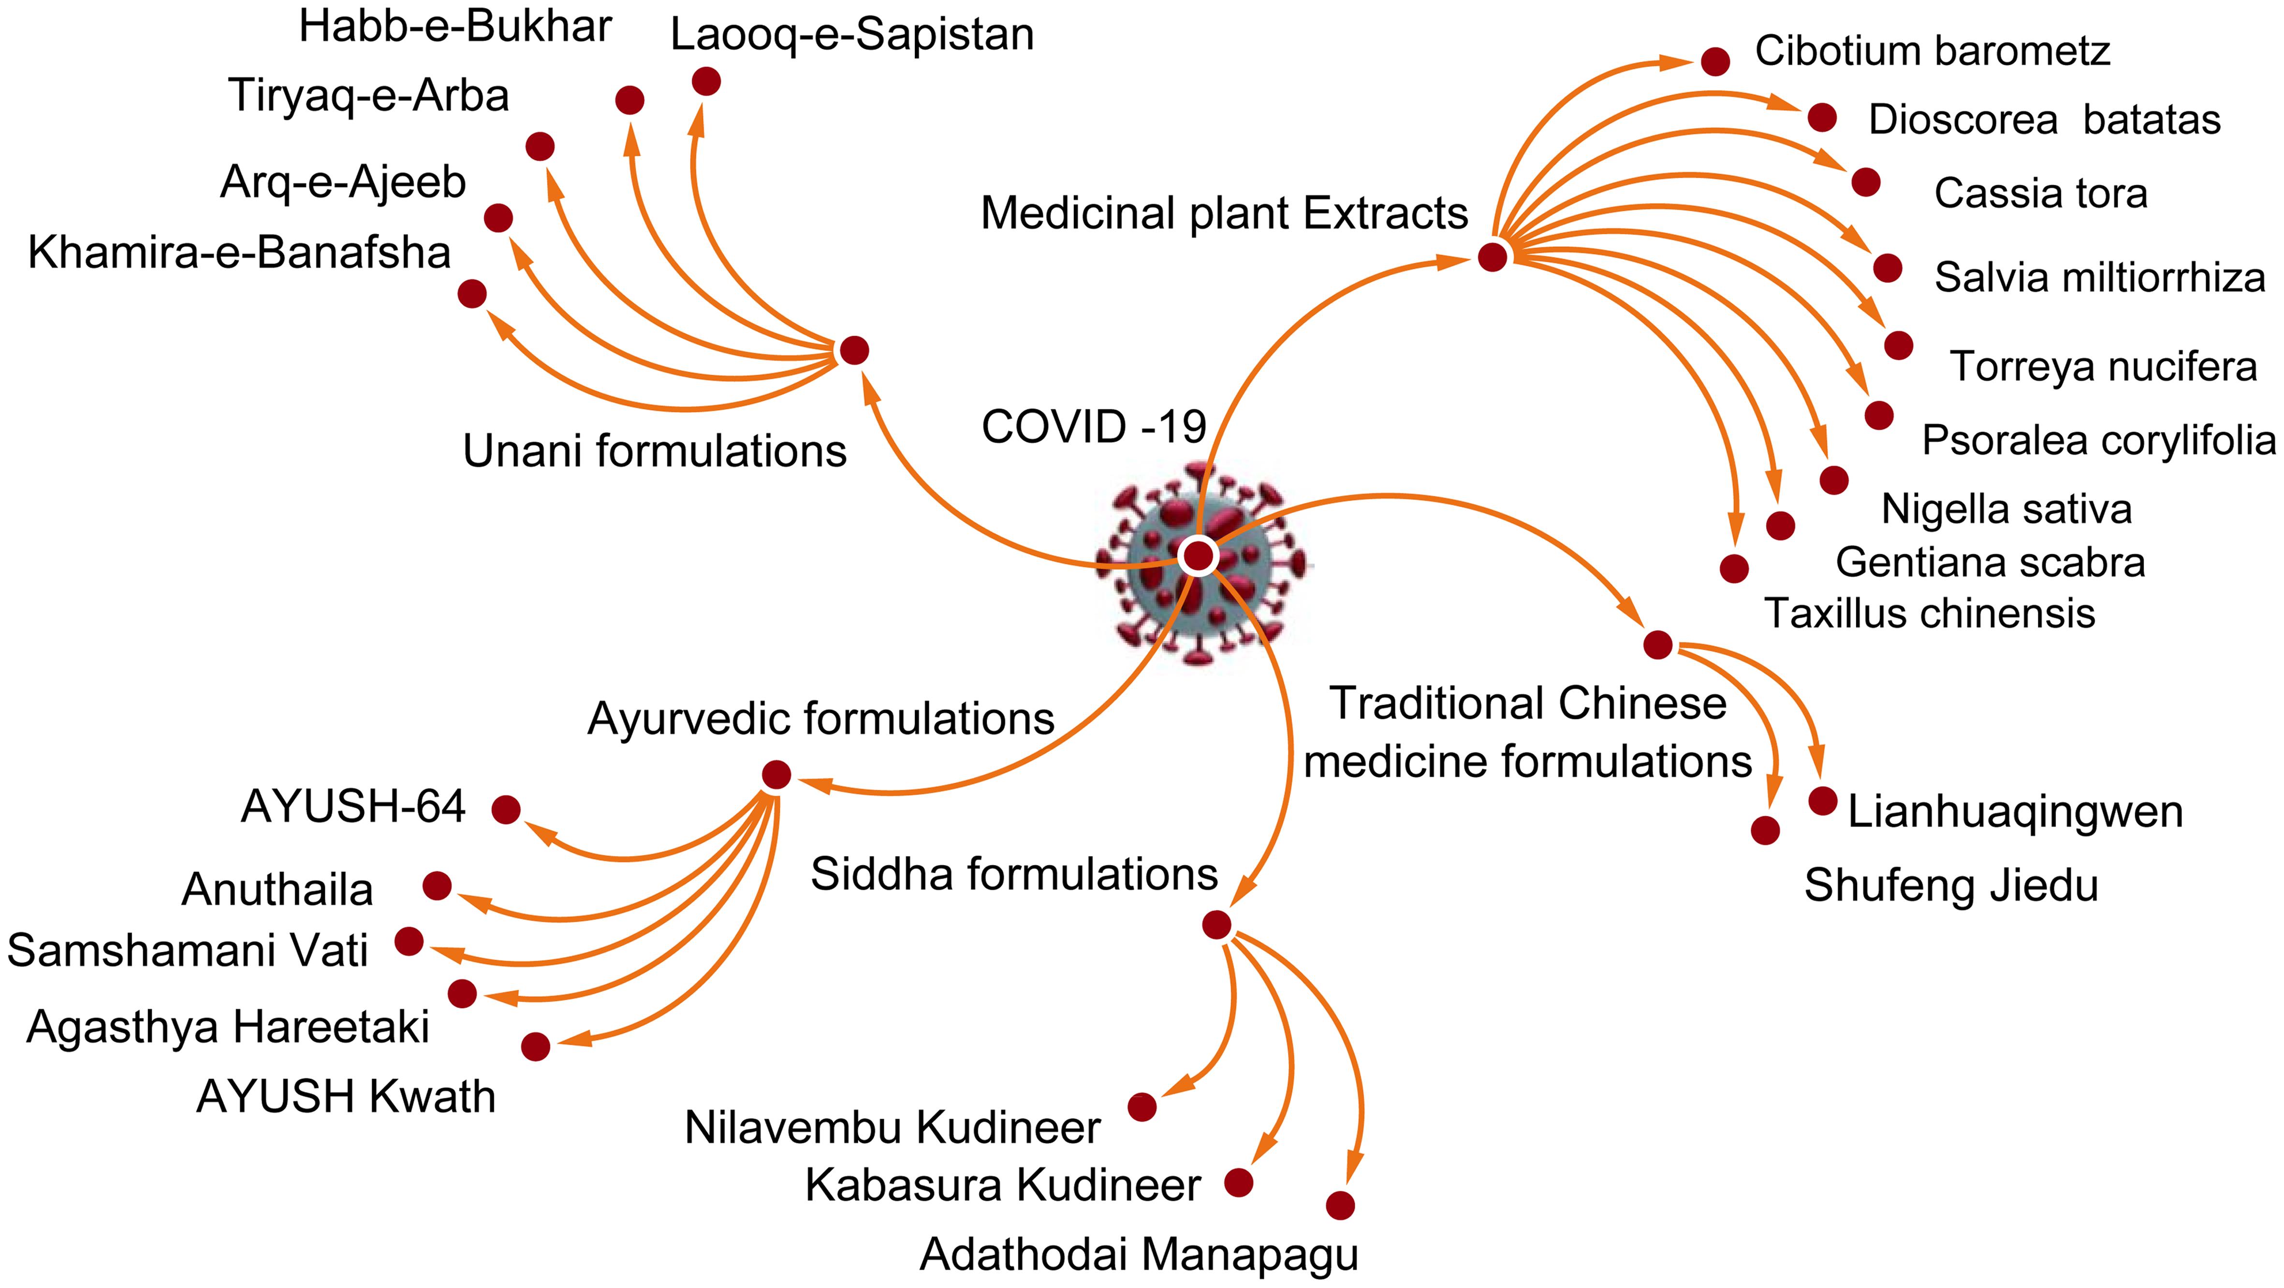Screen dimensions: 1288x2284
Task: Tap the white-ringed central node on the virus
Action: coord(1198,556)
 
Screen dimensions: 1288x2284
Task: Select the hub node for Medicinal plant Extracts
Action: coord(1492,257)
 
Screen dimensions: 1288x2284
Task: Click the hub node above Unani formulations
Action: coord(854,350)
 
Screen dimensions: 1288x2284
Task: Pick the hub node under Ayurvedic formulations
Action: coord(776,774)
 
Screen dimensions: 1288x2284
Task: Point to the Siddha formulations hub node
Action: coord(1216,925)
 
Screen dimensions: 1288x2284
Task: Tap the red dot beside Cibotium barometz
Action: coord(1716,61)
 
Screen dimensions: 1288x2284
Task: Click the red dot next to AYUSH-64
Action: coord(506,809)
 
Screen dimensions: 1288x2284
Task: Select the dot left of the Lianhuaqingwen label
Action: coord(1823,801)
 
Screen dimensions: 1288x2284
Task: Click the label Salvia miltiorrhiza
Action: coord(2099,278)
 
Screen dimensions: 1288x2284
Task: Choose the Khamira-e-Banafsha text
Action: coord(239,253)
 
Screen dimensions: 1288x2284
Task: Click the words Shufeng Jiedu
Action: coord(1950,885)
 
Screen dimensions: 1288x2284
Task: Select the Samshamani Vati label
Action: coord(187,951)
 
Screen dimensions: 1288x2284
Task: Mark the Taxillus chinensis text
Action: coord(1929,613)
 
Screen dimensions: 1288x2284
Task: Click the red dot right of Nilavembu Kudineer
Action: coord(1142,1107)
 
